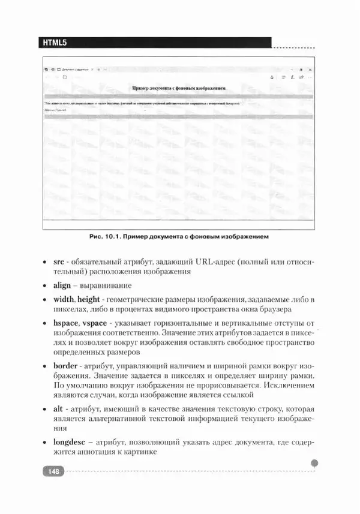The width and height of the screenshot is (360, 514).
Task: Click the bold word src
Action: pyautogui.click(x=58, y=262)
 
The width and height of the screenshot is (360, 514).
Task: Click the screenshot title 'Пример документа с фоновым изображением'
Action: pyautogui.click(x=179, y=88)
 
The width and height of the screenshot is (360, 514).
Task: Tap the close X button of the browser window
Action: pyautogui.click(x=310, y=70)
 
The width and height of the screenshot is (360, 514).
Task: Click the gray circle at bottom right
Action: pyautogui.click(x=315, y=462)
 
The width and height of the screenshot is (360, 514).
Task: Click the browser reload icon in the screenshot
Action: pyautogui.click(x=65, y=77)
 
